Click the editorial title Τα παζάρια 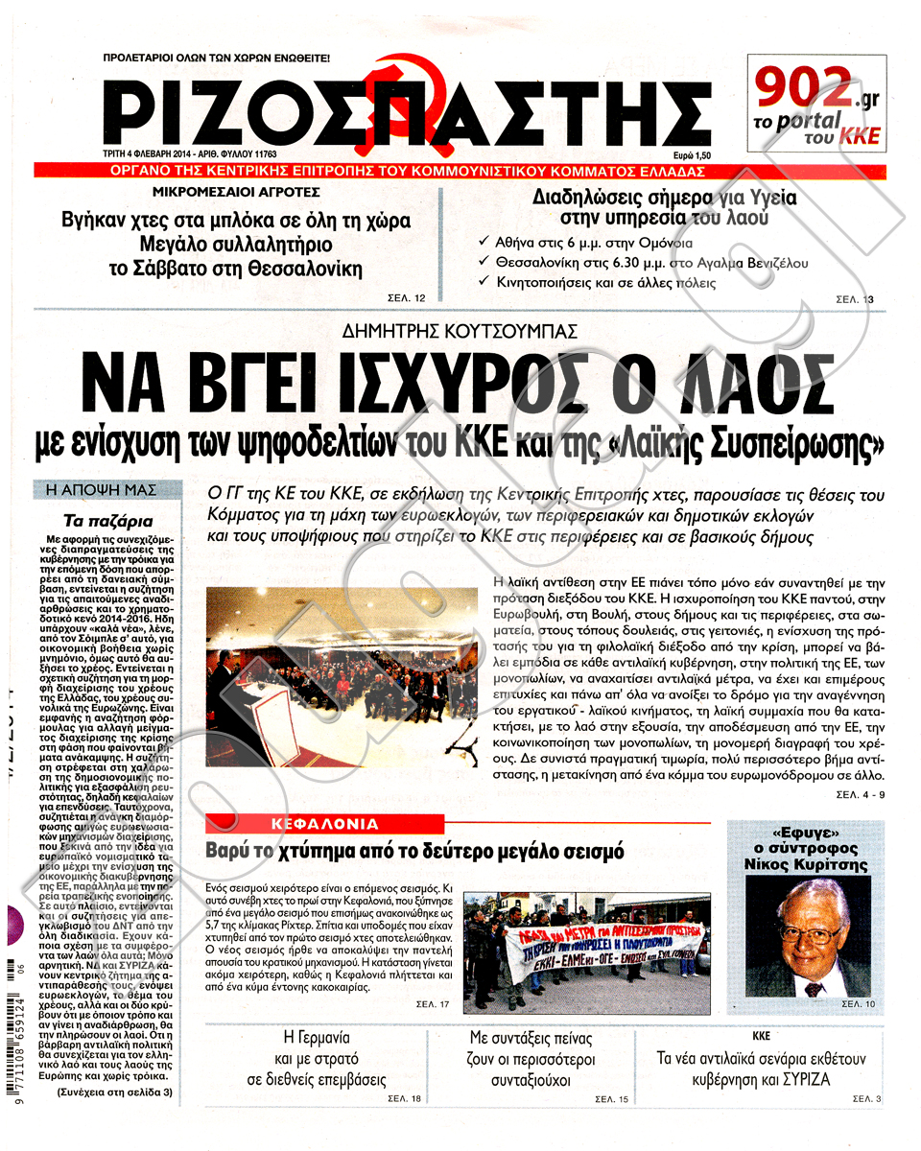tap(108, 523)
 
